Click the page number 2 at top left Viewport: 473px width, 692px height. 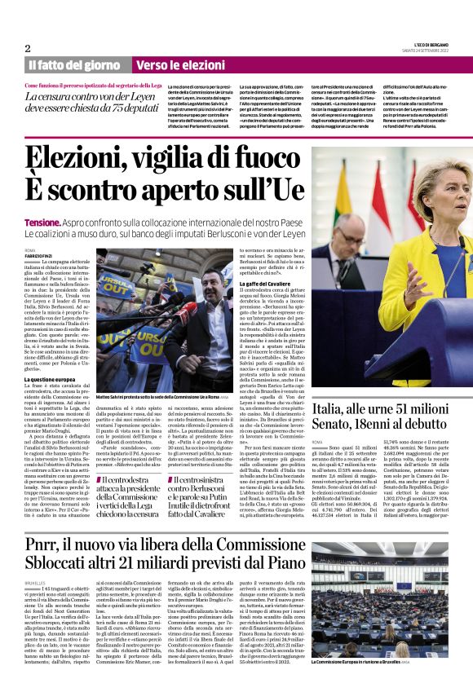point(28,48)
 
